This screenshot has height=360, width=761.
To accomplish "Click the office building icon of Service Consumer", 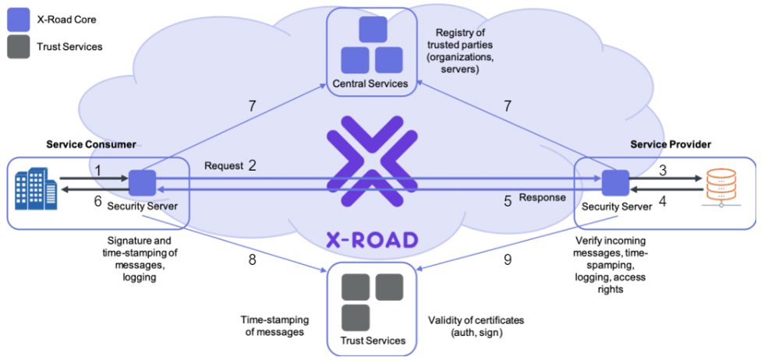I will [x=35, y=188].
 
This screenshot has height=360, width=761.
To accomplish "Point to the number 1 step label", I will [x=98, y=171].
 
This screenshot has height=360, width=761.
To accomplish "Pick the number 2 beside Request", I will [x=253, y=166].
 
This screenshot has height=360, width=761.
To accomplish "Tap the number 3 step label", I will [x=664, y=171].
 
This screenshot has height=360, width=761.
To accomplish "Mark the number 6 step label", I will [x=98, y=201].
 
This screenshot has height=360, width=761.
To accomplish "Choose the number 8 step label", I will [x=252, y=259].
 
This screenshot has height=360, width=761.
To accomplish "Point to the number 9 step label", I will [x=507, y=259].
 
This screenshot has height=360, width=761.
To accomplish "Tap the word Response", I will [x=542, y=197].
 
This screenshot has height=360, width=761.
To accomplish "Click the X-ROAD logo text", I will [x=370, y=238].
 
